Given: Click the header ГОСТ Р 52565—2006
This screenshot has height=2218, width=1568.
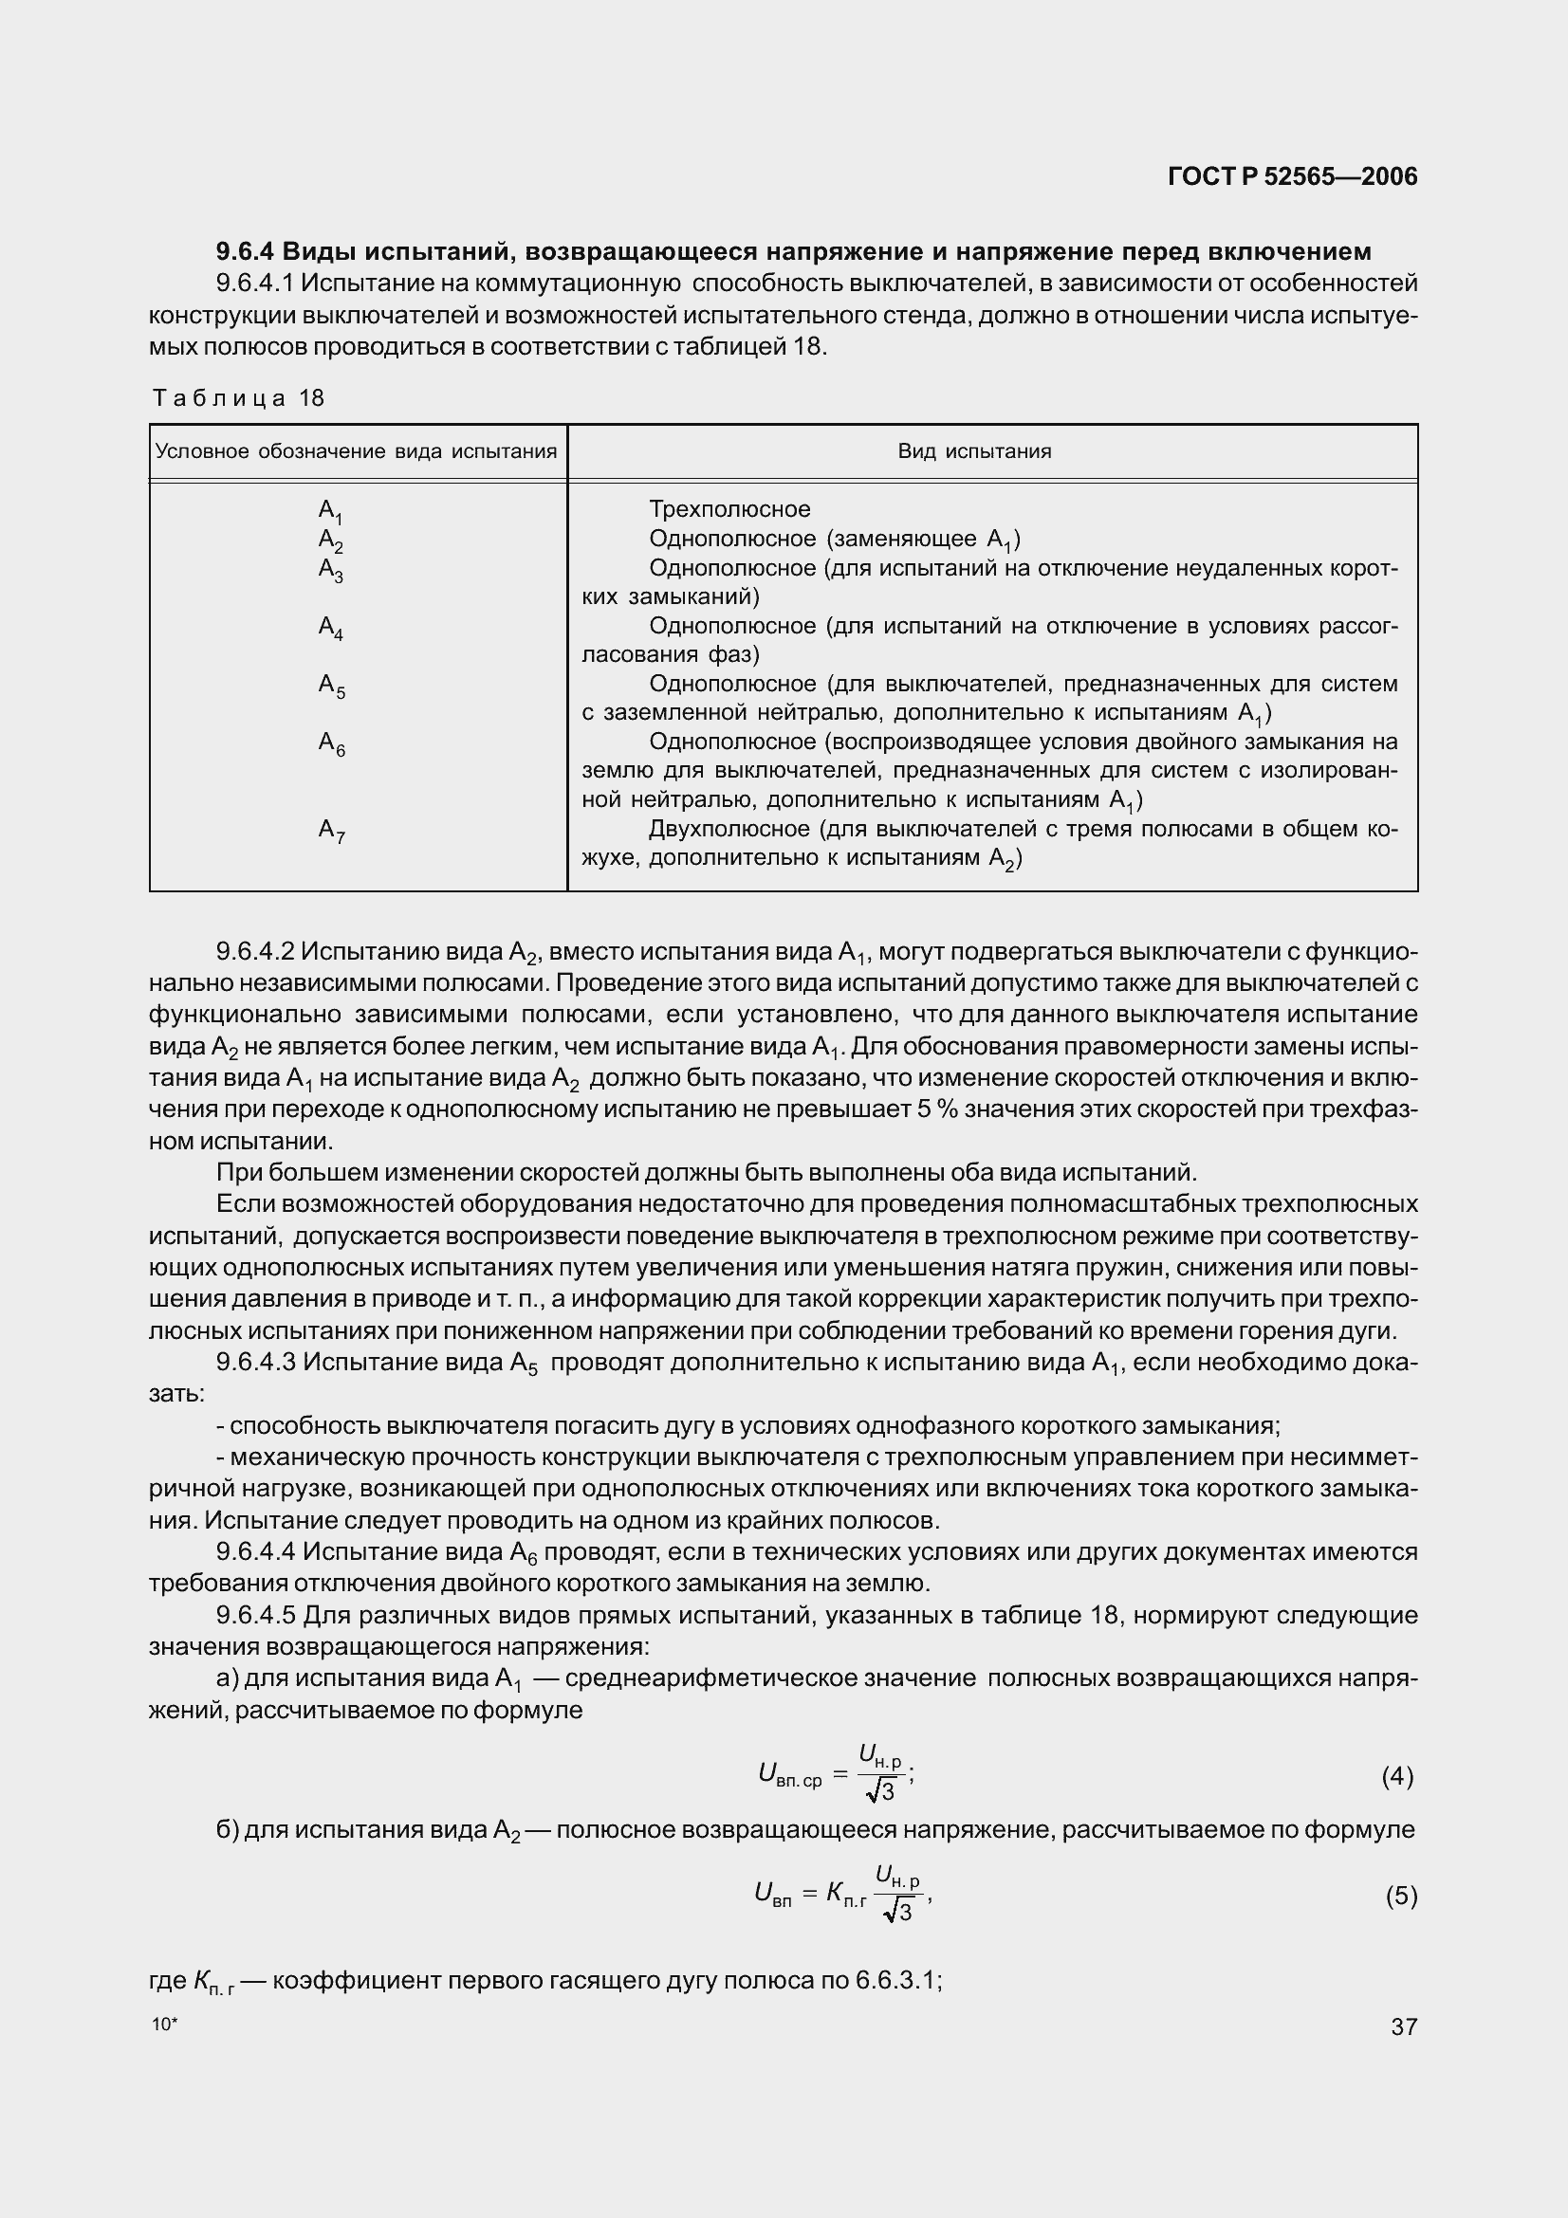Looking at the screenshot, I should [x=1292, y=175].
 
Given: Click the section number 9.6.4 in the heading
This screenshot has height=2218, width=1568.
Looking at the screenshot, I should [x=246, y=252].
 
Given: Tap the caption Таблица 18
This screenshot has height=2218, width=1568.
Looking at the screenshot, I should [x=238, y=398].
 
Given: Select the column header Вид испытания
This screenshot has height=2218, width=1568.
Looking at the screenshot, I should [x=974, y=451].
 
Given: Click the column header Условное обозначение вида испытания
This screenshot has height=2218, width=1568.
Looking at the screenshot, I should [x=357, y=451].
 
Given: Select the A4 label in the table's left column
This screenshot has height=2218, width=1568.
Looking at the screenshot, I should [x=330, y=628].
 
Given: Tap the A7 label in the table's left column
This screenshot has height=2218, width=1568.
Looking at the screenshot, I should [x=330, y=831].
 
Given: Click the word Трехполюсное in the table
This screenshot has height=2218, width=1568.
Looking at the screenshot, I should [x=729, y=509].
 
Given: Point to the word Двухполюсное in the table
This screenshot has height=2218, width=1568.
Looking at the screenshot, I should [x=729, y=829].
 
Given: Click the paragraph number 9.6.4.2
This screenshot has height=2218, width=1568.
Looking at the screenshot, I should [x=254, y=952].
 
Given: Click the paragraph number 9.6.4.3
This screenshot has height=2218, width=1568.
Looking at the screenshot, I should [x=254, y=1363].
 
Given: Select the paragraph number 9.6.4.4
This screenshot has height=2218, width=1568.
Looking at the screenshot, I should [x=254, y=1552].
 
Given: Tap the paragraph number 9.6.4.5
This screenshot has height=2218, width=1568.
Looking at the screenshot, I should [x=254, y=1615].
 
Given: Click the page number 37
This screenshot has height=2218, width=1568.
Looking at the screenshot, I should [x=1404, y=2026].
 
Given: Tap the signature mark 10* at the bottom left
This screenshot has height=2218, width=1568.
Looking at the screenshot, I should [x=165, y=2024].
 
